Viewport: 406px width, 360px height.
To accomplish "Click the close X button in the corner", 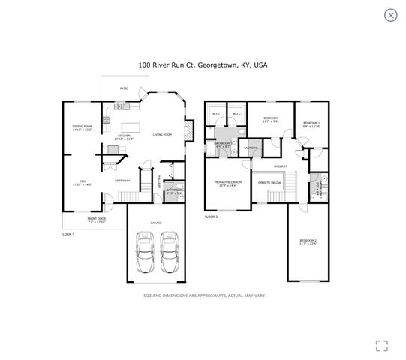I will point(390,15).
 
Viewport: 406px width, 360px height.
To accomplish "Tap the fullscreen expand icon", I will point(381,345).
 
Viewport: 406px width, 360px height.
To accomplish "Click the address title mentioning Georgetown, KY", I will point(203,65).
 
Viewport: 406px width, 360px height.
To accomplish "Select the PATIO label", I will point(125,89).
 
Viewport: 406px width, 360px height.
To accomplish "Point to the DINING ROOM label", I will point(83,127).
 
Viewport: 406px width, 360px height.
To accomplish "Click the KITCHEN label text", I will point(123,136).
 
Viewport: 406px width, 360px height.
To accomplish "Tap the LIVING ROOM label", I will point(163,134).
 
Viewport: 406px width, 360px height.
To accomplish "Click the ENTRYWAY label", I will point(122,181).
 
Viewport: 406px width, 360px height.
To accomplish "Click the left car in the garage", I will point(144,253).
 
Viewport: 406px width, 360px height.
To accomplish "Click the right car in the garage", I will point(170,253).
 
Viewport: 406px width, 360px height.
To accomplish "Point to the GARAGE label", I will point(156,223).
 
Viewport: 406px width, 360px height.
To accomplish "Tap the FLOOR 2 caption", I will point(211,217).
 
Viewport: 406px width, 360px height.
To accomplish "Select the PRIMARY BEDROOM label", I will point(228,182).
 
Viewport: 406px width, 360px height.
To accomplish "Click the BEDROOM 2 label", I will point(308,240).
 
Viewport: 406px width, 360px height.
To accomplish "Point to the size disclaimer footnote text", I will point(204,295).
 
